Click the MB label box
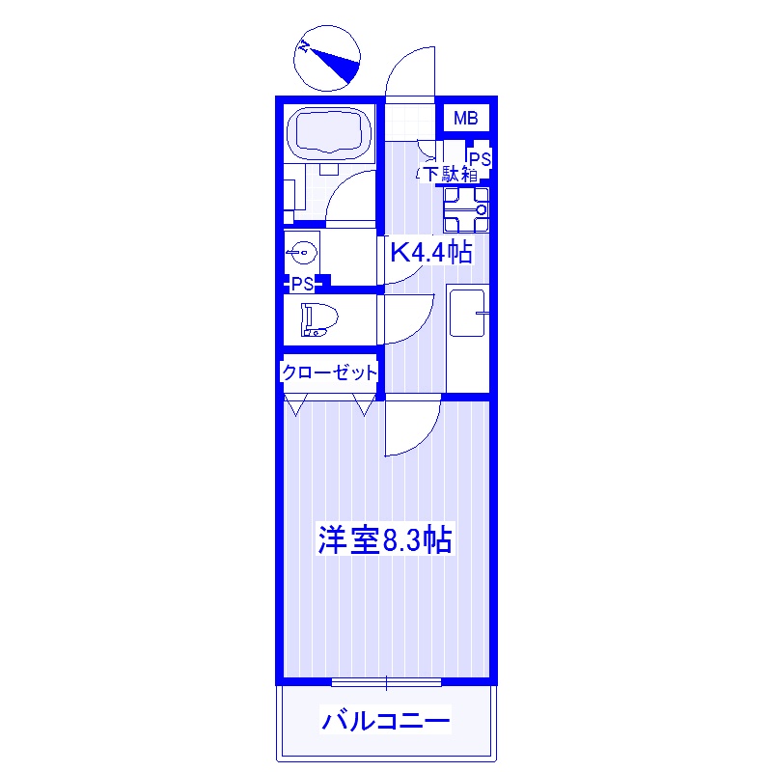(466, 120)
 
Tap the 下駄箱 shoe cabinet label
(450, 175)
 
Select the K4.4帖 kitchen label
(430, 253)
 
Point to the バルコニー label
(386, 720)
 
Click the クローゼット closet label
(329, 372)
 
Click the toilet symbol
(316, 319)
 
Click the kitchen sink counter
(468, 312)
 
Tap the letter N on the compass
(305, 46)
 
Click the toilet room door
(409, 317)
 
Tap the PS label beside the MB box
(480, 158)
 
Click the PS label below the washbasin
(303, 284)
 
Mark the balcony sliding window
(386, 682)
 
